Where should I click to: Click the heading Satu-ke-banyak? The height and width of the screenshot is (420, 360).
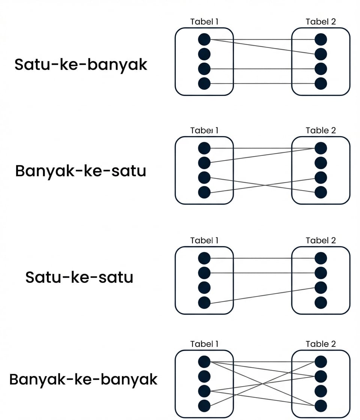[x=81, y=65]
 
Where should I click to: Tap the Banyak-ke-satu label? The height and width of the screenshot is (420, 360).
[x=81, y=171]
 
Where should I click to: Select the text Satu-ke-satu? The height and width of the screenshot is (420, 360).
[x=79, y=278]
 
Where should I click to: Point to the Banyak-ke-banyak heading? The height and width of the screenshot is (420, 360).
[x=83, y=379]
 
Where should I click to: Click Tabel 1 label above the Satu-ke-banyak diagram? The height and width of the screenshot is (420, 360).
[x=204, y=21]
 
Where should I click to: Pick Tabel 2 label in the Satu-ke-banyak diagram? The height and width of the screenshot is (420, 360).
[x=321, y=21]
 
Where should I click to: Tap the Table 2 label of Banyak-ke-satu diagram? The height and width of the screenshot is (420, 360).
[x=321, y=130]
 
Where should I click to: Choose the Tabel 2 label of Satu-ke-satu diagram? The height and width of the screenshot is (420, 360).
[x=321, y=240]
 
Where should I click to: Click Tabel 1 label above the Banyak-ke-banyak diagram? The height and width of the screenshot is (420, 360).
[x=204, y=344]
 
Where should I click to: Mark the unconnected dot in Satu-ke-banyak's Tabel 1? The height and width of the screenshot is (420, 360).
[x=204, y=54]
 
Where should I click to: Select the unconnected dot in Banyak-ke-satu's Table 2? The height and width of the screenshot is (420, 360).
[x=321, y=163]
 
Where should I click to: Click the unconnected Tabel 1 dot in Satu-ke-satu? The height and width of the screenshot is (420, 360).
[x=204, y=288]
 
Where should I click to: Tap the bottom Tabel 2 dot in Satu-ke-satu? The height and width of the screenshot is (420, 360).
[x=321, y=302]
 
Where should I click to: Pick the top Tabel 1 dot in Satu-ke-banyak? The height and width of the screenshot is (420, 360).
[x=204, y=39]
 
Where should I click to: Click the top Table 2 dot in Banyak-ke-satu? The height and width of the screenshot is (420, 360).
[x=321, y=148]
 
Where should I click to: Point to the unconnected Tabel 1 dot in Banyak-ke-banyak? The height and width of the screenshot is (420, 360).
[x=204, y=376]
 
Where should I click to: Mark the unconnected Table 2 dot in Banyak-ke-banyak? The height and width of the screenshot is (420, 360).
[x=321, y=391]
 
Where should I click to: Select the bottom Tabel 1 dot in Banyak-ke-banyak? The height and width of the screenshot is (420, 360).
[x=204, y=405]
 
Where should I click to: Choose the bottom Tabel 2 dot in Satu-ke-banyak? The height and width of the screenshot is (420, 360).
[x=321, y=84]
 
